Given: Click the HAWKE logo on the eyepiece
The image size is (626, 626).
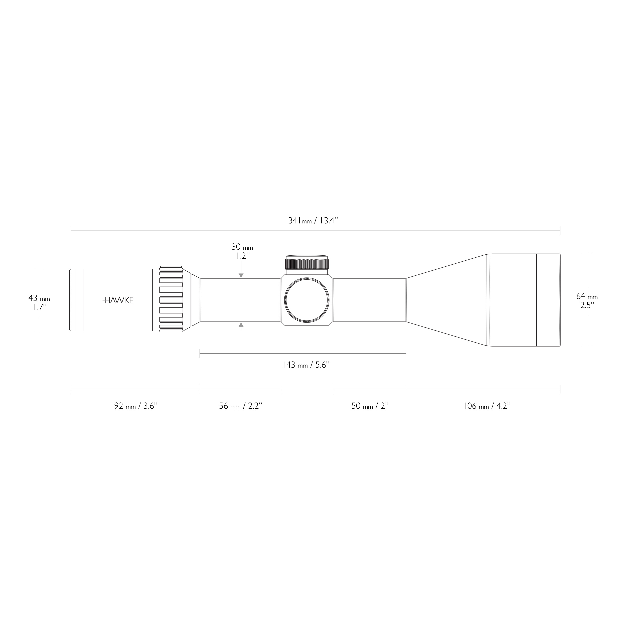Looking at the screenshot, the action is click(118, 300).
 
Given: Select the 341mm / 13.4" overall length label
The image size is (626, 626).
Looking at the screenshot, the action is click(313, 221).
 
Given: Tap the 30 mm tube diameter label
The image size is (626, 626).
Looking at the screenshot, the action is click(242, 247).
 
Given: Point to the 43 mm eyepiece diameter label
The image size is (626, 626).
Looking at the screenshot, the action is click(39, 298).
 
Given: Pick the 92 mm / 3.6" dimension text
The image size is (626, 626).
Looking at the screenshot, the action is click(135, 406).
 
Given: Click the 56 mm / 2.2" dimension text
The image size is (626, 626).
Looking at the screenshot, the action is click(240, 406).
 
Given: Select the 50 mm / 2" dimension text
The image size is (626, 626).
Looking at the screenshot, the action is click(370, 406).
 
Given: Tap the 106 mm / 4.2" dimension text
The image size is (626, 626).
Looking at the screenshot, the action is click(487, 406).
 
